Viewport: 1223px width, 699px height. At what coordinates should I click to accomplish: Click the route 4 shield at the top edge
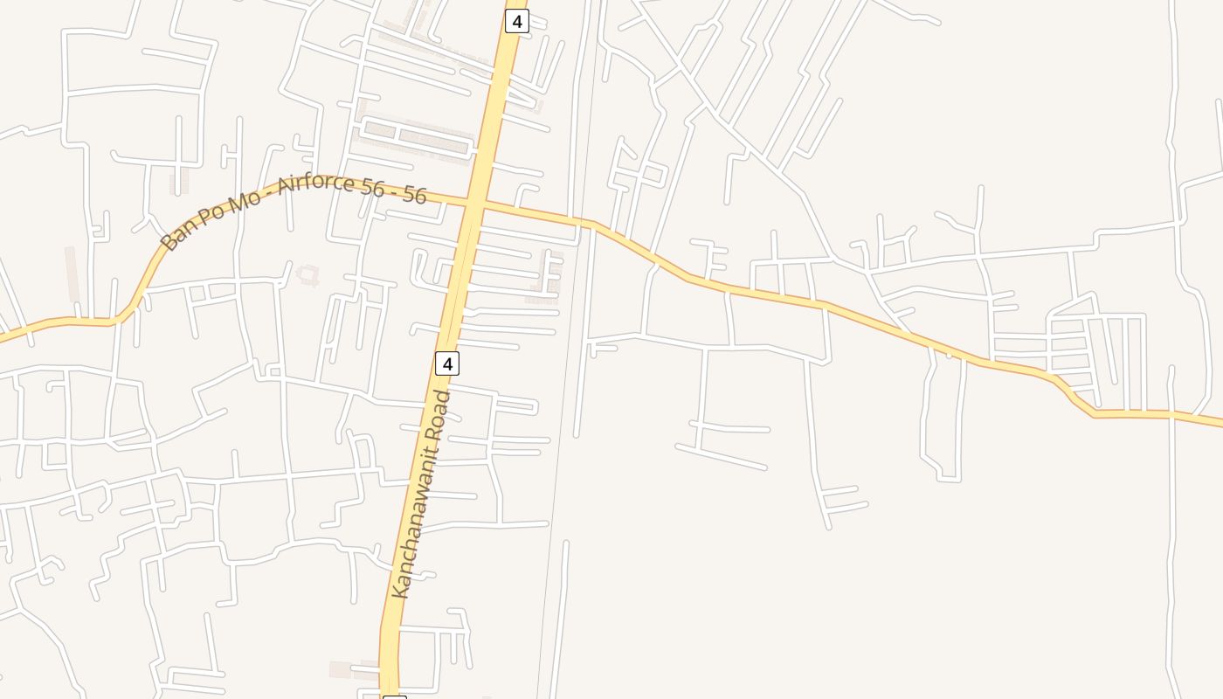tap(516, 21)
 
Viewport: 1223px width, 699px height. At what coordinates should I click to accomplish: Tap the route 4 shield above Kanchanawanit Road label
tap(446, 363)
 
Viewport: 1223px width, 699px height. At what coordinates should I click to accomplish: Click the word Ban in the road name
tap(176, 234)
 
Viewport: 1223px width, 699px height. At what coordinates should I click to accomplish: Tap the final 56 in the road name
tap(415, 194)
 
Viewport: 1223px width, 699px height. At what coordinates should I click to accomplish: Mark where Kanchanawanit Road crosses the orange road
tap(473, 204)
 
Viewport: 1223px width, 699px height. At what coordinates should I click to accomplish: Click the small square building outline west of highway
tap(307, 275)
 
